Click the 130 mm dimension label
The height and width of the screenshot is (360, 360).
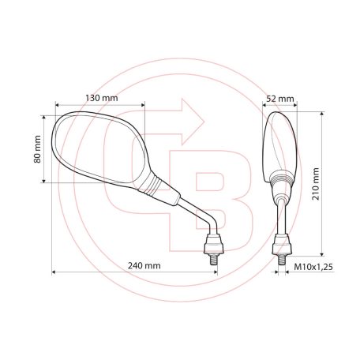(x=100, y=98)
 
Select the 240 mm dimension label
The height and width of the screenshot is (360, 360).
(x=142, y=266)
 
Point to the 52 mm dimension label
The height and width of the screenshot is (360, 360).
(x=279, y=99)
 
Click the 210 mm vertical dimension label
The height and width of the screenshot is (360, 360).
(x=316, y=183)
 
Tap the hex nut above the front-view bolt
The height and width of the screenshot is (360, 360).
(x=213, y=238)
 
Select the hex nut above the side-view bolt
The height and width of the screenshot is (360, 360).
(x=281, y=238)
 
